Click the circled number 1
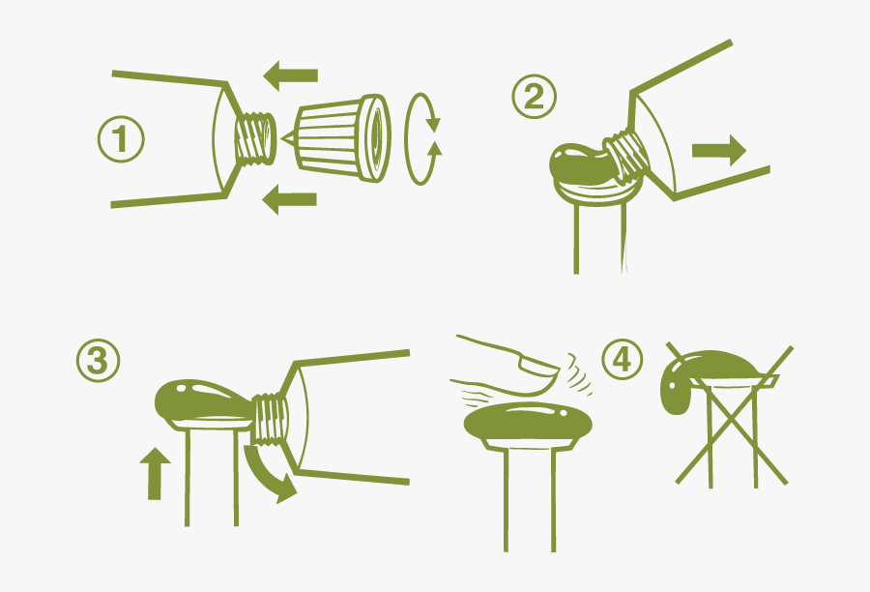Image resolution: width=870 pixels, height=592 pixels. (x=121, y=139)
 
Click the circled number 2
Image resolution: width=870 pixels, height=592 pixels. (x=534, y=97)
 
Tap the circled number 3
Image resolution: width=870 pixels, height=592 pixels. (x=99, y=361)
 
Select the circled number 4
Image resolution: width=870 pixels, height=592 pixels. (x=622, y=359)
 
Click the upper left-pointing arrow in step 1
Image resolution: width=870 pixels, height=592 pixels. (x=290, y=75)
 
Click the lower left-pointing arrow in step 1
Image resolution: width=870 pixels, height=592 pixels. (x=289, y=199)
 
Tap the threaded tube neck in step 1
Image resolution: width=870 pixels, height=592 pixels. (x=254, y=139)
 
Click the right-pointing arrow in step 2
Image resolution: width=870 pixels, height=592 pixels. (x=719, y=150)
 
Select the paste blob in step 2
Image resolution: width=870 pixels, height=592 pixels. (x=577, y=163)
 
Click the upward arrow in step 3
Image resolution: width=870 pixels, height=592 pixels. (x=155, y=474)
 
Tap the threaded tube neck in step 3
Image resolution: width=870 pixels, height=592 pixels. (x=271, y=418)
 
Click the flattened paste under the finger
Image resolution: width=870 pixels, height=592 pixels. (x=528, y=425)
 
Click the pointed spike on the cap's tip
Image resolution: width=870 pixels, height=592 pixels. (x=288, y=138)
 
